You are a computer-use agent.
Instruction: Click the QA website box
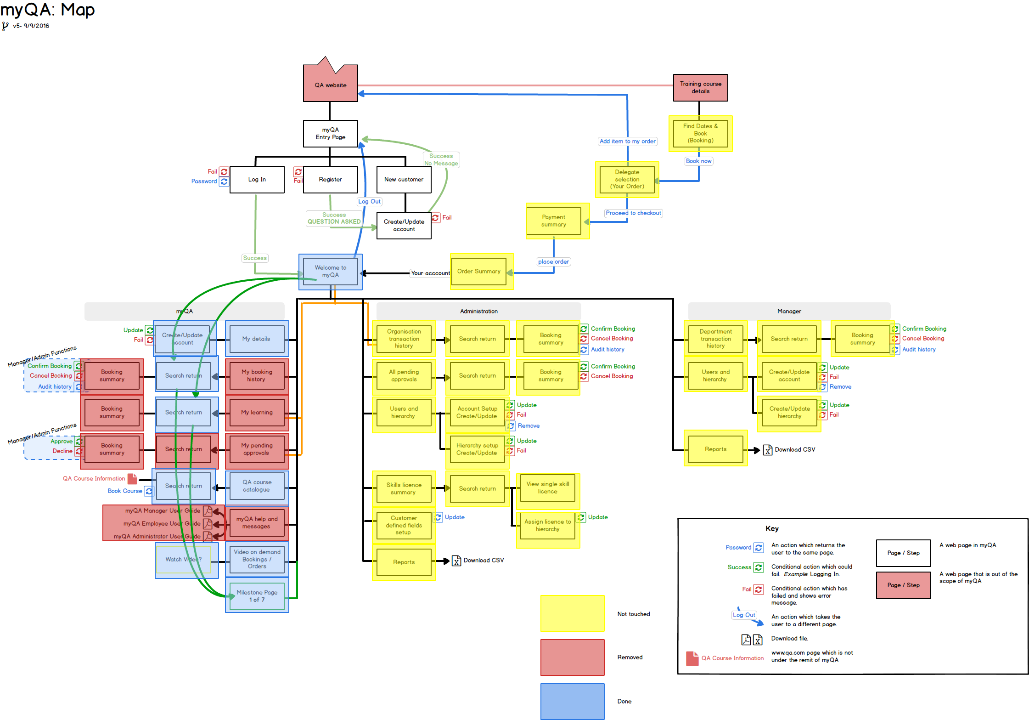tap(330, 85)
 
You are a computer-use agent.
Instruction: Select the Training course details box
tap(700, 87)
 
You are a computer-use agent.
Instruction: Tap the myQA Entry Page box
tap(330, 133)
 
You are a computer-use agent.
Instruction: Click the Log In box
tap(257, 179)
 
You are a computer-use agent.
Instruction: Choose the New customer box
tap(404, 179)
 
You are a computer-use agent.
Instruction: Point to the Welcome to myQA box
tap(330, 271)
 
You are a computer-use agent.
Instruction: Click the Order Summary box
tap(478, 271)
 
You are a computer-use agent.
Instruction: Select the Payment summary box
tap(553, 221)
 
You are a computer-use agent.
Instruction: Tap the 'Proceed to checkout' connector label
tap(633, 213)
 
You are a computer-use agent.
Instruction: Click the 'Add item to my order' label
tap(627, 141)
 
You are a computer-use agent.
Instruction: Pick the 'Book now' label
tap(698, 161)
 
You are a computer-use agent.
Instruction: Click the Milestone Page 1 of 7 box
tap(257, 596)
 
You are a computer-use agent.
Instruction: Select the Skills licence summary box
tap(404, 488)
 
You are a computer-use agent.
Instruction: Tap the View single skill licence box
tap(547, 488)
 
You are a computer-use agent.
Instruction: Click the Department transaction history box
tap(715, 339)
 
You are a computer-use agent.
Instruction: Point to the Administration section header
tap(478, 311)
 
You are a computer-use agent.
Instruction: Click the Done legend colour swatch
tap(572, 701)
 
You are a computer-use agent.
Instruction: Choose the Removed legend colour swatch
tap(572, 657)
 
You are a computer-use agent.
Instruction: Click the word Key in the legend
tap(772, 528)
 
